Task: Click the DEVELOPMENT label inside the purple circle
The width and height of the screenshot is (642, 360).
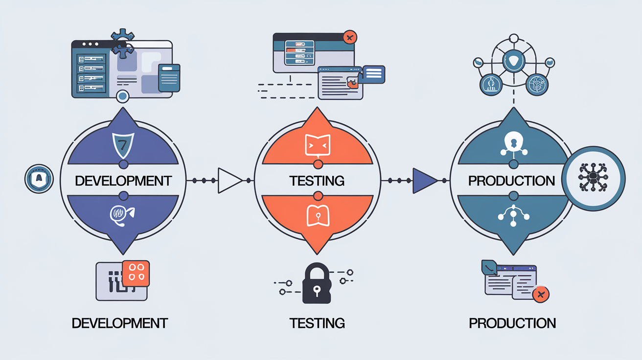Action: (x=123, y=180)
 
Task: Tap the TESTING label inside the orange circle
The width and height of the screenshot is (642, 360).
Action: (x=317, y=180)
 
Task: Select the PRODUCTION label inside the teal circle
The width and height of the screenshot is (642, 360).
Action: (x=511, y=180)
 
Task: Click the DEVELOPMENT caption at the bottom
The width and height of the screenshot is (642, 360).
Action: (x=119, y=323)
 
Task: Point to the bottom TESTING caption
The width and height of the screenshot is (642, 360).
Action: (x=317, y=323)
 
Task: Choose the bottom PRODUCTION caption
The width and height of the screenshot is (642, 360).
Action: (x=512, y=323)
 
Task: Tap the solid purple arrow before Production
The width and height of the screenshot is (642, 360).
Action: (x=424, y=180)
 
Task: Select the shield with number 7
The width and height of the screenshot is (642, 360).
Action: (x=123, y=145)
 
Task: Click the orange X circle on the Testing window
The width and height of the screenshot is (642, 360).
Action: (x=349, y=37)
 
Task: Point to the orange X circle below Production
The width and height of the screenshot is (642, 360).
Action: (x=540, y=294)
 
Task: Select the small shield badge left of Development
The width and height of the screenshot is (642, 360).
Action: (x=38, y=179)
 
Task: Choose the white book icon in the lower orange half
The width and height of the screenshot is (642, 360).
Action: (x=317, y=215)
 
